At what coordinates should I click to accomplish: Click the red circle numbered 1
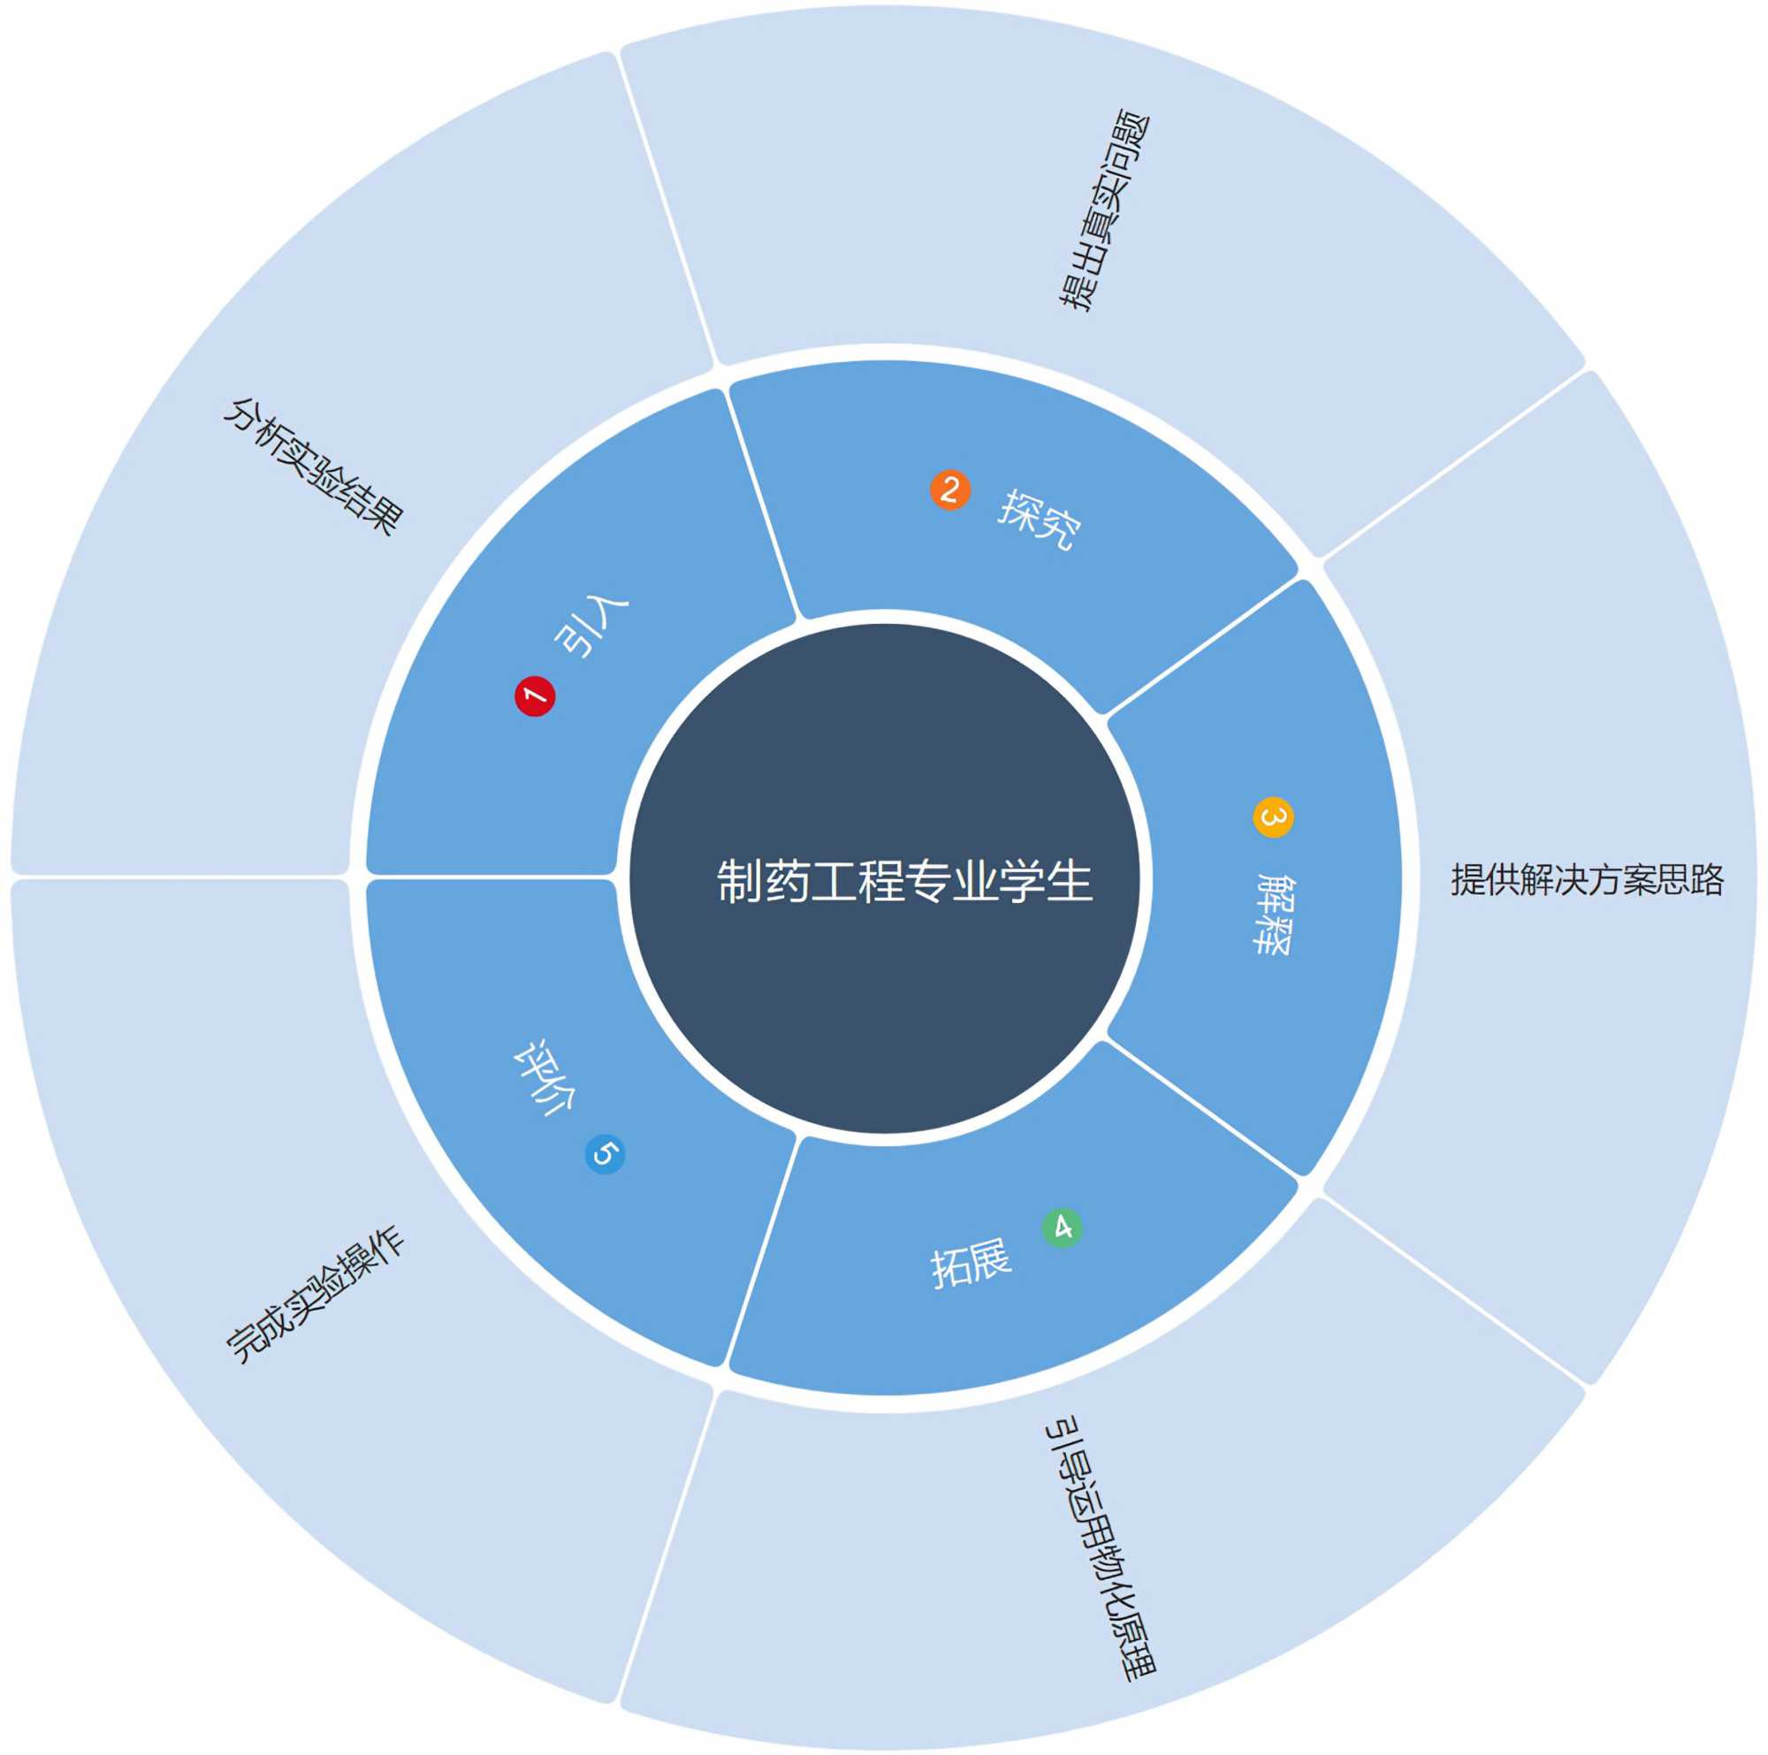[x=535, y=696]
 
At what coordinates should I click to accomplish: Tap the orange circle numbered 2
[x=950, y=490]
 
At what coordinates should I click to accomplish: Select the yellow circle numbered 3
[x=1273, y=817]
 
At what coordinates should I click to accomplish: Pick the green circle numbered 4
[x=1062, y=1227]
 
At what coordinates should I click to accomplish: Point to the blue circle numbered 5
[x=605, y=1154]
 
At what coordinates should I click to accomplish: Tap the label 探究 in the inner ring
[x=1040, y=519]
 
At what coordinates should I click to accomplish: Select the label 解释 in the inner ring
[x=1273, y=914]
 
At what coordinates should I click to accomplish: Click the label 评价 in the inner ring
[x=544, y=1077]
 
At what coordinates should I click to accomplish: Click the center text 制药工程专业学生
[x=904, y=881]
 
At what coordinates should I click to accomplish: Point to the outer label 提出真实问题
[x=1104, y=211]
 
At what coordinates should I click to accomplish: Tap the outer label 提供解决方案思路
[x=1587, y=879]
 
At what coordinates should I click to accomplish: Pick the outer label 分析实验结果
[x=313, y=466]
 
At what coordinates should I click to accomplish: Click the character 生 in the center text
[x=1070, y=881]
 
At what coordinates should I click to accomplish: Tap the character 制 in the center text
[x=739, y=881]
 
